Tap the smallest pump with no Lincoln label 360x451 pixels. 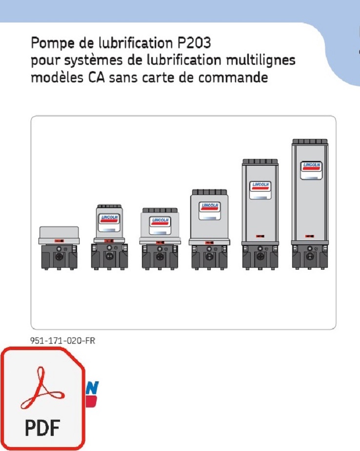pyautogui.click(x=59, y=248)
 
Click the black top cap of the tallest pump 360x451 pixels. pyautogui.click(x=309, y=141)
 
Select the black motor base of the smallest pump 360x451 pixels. pyautogui.click(x=59, y=257)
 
